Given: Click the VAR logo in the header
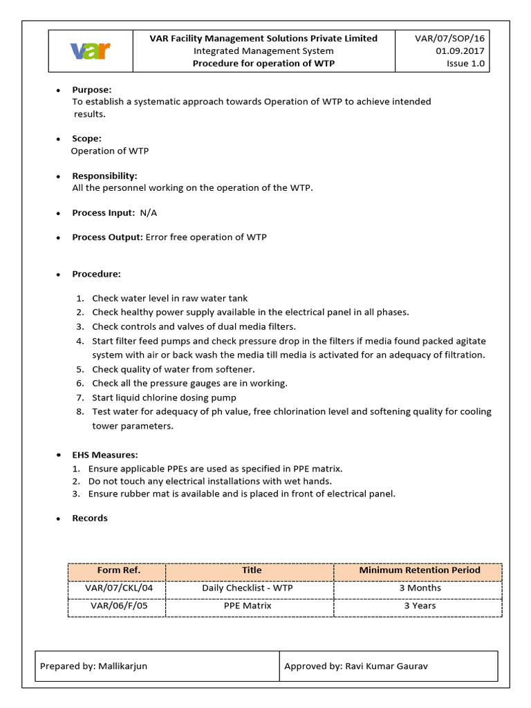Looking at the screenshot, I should [x=91, y=51].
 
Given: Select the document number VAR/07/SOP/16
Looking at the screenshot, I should [x=450, y=39].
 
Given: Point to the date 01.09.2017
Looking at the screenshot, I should [x=460, y=51].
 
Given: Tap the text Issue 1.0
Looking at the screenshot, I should [x=466, y=64].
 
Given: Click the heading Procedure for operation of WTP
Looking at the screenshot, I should [x=263, y=64].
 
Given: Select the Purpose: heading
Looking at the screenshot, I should [x=92, y=90].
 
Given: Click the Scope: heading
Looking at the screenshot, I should [x=87, y=138].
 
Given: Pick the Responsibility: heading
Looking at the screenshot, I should [x=104, y=176].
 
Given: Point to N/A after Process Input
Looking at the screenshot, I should [x=153, y=213].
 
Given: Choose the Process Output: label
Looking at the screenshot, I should [x=107, y=237].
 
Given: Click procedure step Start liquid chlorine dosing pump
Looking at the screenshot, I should [x=164, y=398].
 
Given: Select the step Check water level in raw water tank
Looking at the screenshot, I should [x=169, y=298].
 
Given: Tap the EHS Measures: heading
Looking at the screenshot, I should [x=105, y=455].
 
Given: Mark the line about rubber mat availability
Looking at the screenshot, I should [x=242, y=494].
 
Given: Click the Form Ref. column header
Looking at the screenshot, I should [x=118, y=570].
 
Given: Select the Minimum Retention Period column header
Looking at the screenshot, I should [x=419, y=570].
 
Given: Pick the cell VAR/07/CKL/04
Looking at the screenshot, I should [x=118, y=588].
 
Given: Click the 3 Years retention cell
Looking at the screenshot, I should [x=419, y=606].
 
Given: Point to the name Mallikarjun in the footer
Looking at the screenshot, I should [x=117, y=667].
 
